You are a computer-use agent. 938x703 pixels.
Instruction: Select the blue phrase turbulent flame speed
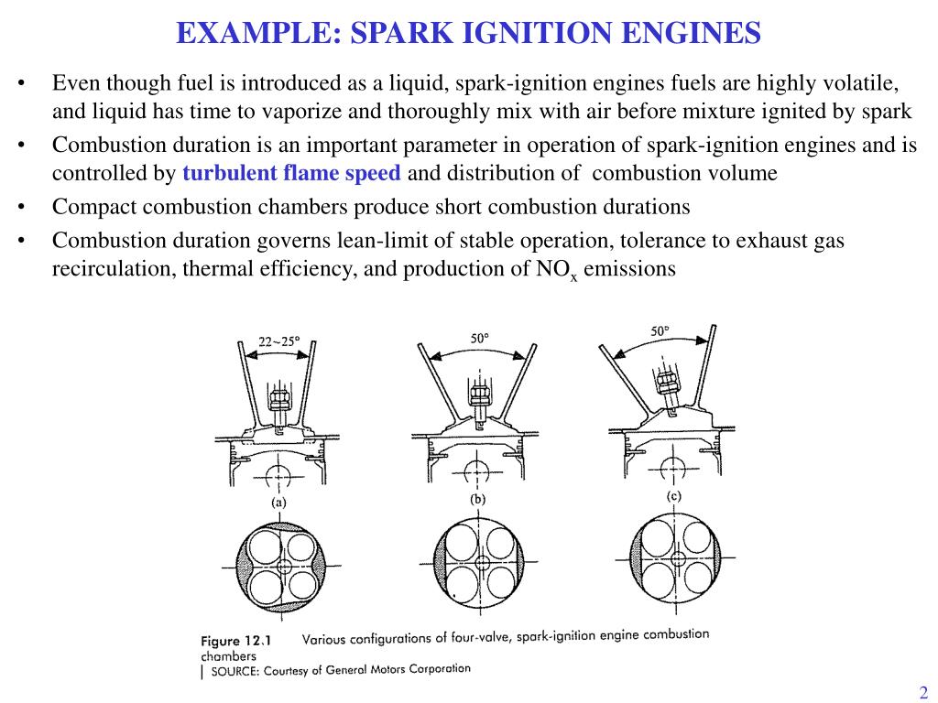[291, 173]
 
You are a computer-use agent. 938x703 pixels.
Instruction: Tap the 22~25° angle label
[278, 341]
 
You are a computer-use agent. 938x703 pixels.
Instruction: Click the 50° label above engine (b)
[479, 339]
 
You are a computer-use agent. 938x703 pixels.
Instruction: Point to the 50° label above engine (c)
[660, 331]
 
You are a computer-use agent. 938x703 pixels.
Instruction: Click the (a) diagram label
[278, 502]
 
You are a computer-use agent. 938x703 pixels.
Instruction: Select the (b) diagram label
[477, 500]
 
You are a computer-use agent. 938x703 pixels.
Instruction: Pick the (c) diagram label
[673, 495]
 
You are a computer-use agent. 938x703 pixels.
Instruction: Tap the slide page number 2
[923, 691]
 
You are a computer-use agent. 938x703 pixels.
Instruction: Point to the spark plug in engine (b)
[476, 394]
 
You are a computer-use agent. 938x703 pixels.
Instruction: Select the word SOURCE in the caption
[235, 672]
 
